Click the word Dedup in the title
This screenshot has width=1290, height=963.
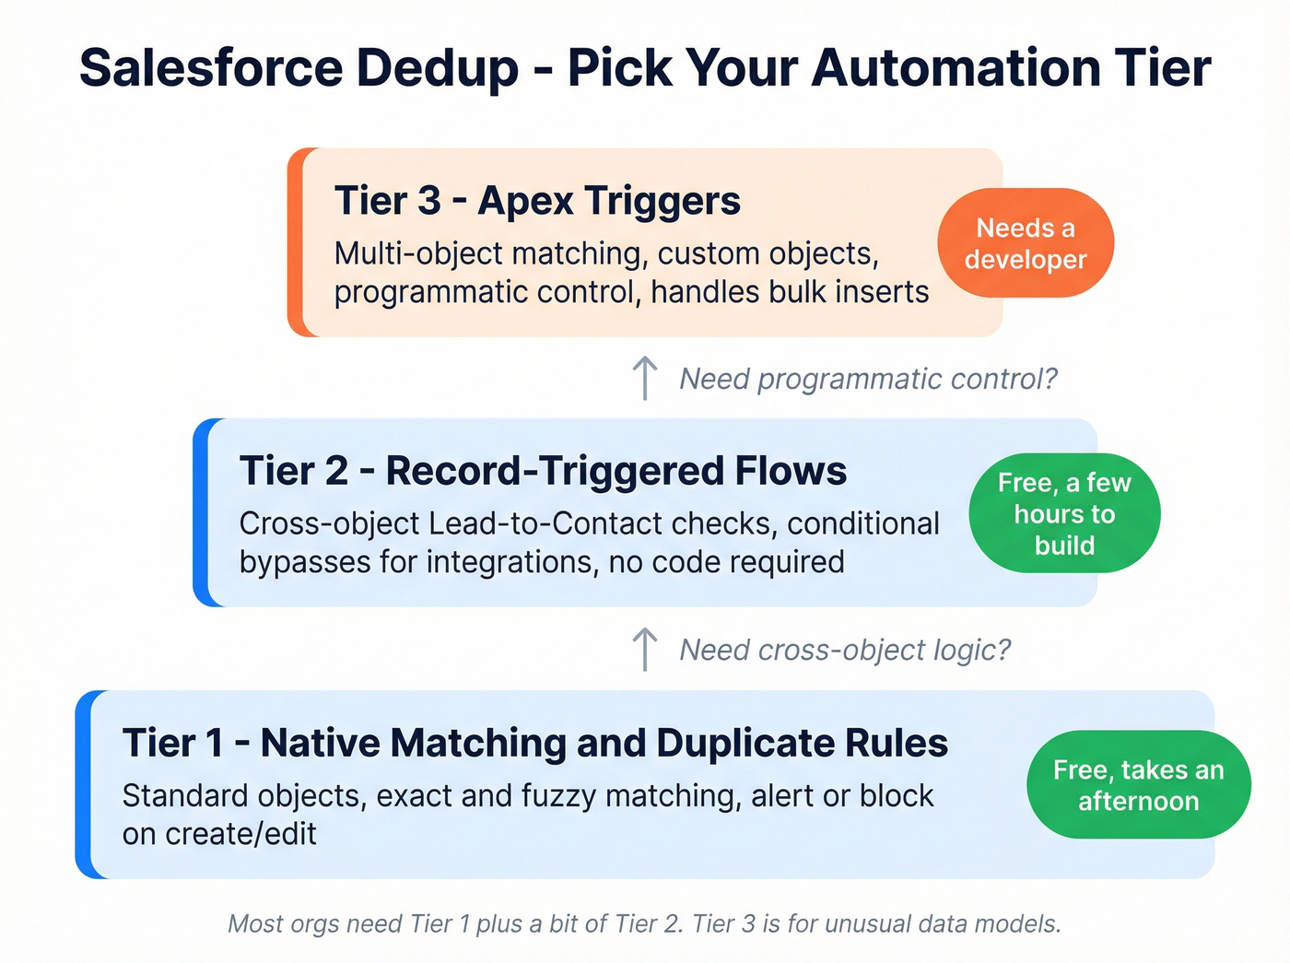[x=438, y=69]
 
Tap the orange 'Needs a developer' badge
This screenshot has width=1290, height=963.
[x=1026, y=243]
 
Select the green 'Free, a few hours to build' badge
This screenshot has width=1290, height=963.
[x=1064, y=513]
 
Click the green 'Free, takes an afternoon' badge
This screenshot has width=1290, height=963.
[x=1138, y=785]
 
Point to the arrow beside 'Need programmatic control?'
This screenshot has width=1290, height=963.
[x=645, y=379]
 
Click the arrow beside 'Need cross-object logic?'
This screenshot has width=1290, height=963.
[x=645, y=650]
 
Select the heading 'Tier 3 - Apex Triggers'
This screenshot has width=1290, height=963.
[x=537, y=201]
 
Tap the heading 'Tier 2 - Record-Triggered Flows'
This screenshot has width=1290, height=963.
[x=543, y=471]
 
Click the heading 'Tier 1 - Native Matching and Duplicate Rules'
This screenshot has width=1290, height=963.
[x=534, y=743]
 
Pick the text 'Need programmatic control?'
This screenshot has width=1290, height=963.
[x=868, y=379]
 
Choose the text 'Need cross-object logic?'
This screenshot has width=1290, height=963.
[x=845, y=650]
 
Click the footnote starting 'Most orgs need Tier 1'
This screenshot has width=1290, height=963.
[x=644, y=923]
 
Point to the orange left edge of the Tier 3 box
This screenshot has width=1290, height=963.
[x=296, y=242]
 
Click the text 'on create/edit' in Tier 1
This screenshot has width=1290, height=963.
[x=219, y=834]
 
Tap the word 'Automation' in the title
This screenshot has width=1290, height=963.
[x=955, y=69]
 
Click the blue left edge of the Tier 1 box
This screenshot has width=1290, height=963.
[x=84, y=784]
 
